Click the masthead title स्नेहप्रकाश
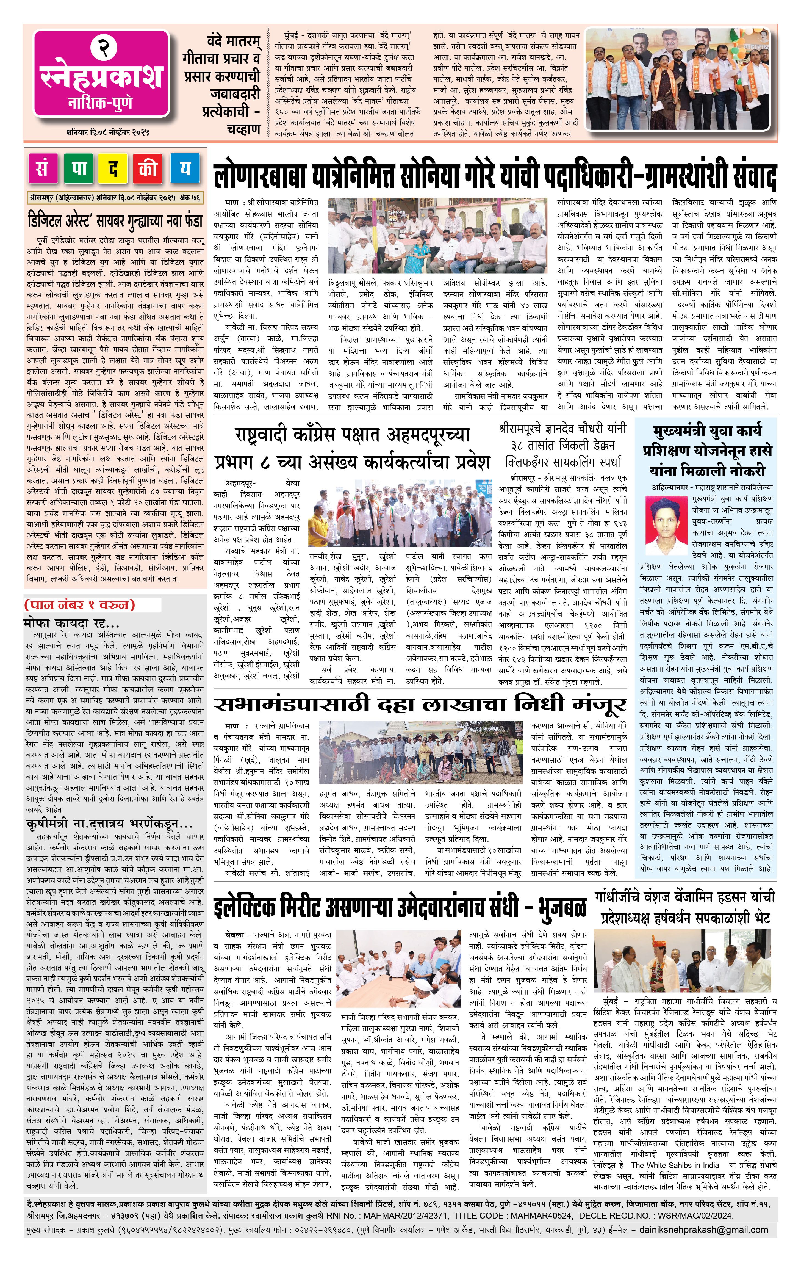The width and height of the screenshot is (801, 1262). [x=101, y=76]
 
